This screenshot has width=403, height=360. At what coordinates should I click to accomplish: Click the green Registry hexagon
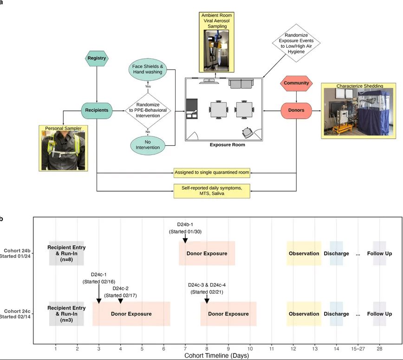[x=97, y=58]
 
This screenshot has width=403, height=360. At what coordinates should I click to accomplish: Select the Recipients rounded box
[x=97, y=110]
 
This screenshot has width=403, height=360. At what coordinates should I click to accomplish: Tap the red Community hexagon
[x=296, y=84]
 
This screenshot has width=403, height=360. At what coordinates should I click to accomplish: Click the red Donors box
[x=296, y=111]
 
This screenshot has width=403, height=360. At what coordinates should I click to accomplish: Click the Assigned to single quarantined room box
[x=212, y=172]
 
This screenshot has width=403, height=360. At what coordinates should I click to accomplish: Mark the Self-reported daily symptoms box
[x=212, y=190]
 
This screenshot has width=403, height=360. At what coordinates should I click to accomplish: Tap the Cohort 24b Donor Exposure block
[x=207, y=253]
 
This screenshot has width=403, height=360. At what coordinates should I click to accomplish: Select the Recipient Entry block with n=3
[x=66, y=314]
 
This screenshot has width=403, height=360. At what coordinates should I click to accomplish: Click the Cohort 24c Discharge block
[x=337, y=314]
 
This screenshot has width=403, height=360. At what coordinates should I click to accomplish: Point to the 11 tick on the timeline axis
[x=272, y=348]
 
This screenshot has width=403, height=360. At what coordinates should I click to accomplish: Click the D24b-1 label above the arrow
[x=185, y=225]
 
